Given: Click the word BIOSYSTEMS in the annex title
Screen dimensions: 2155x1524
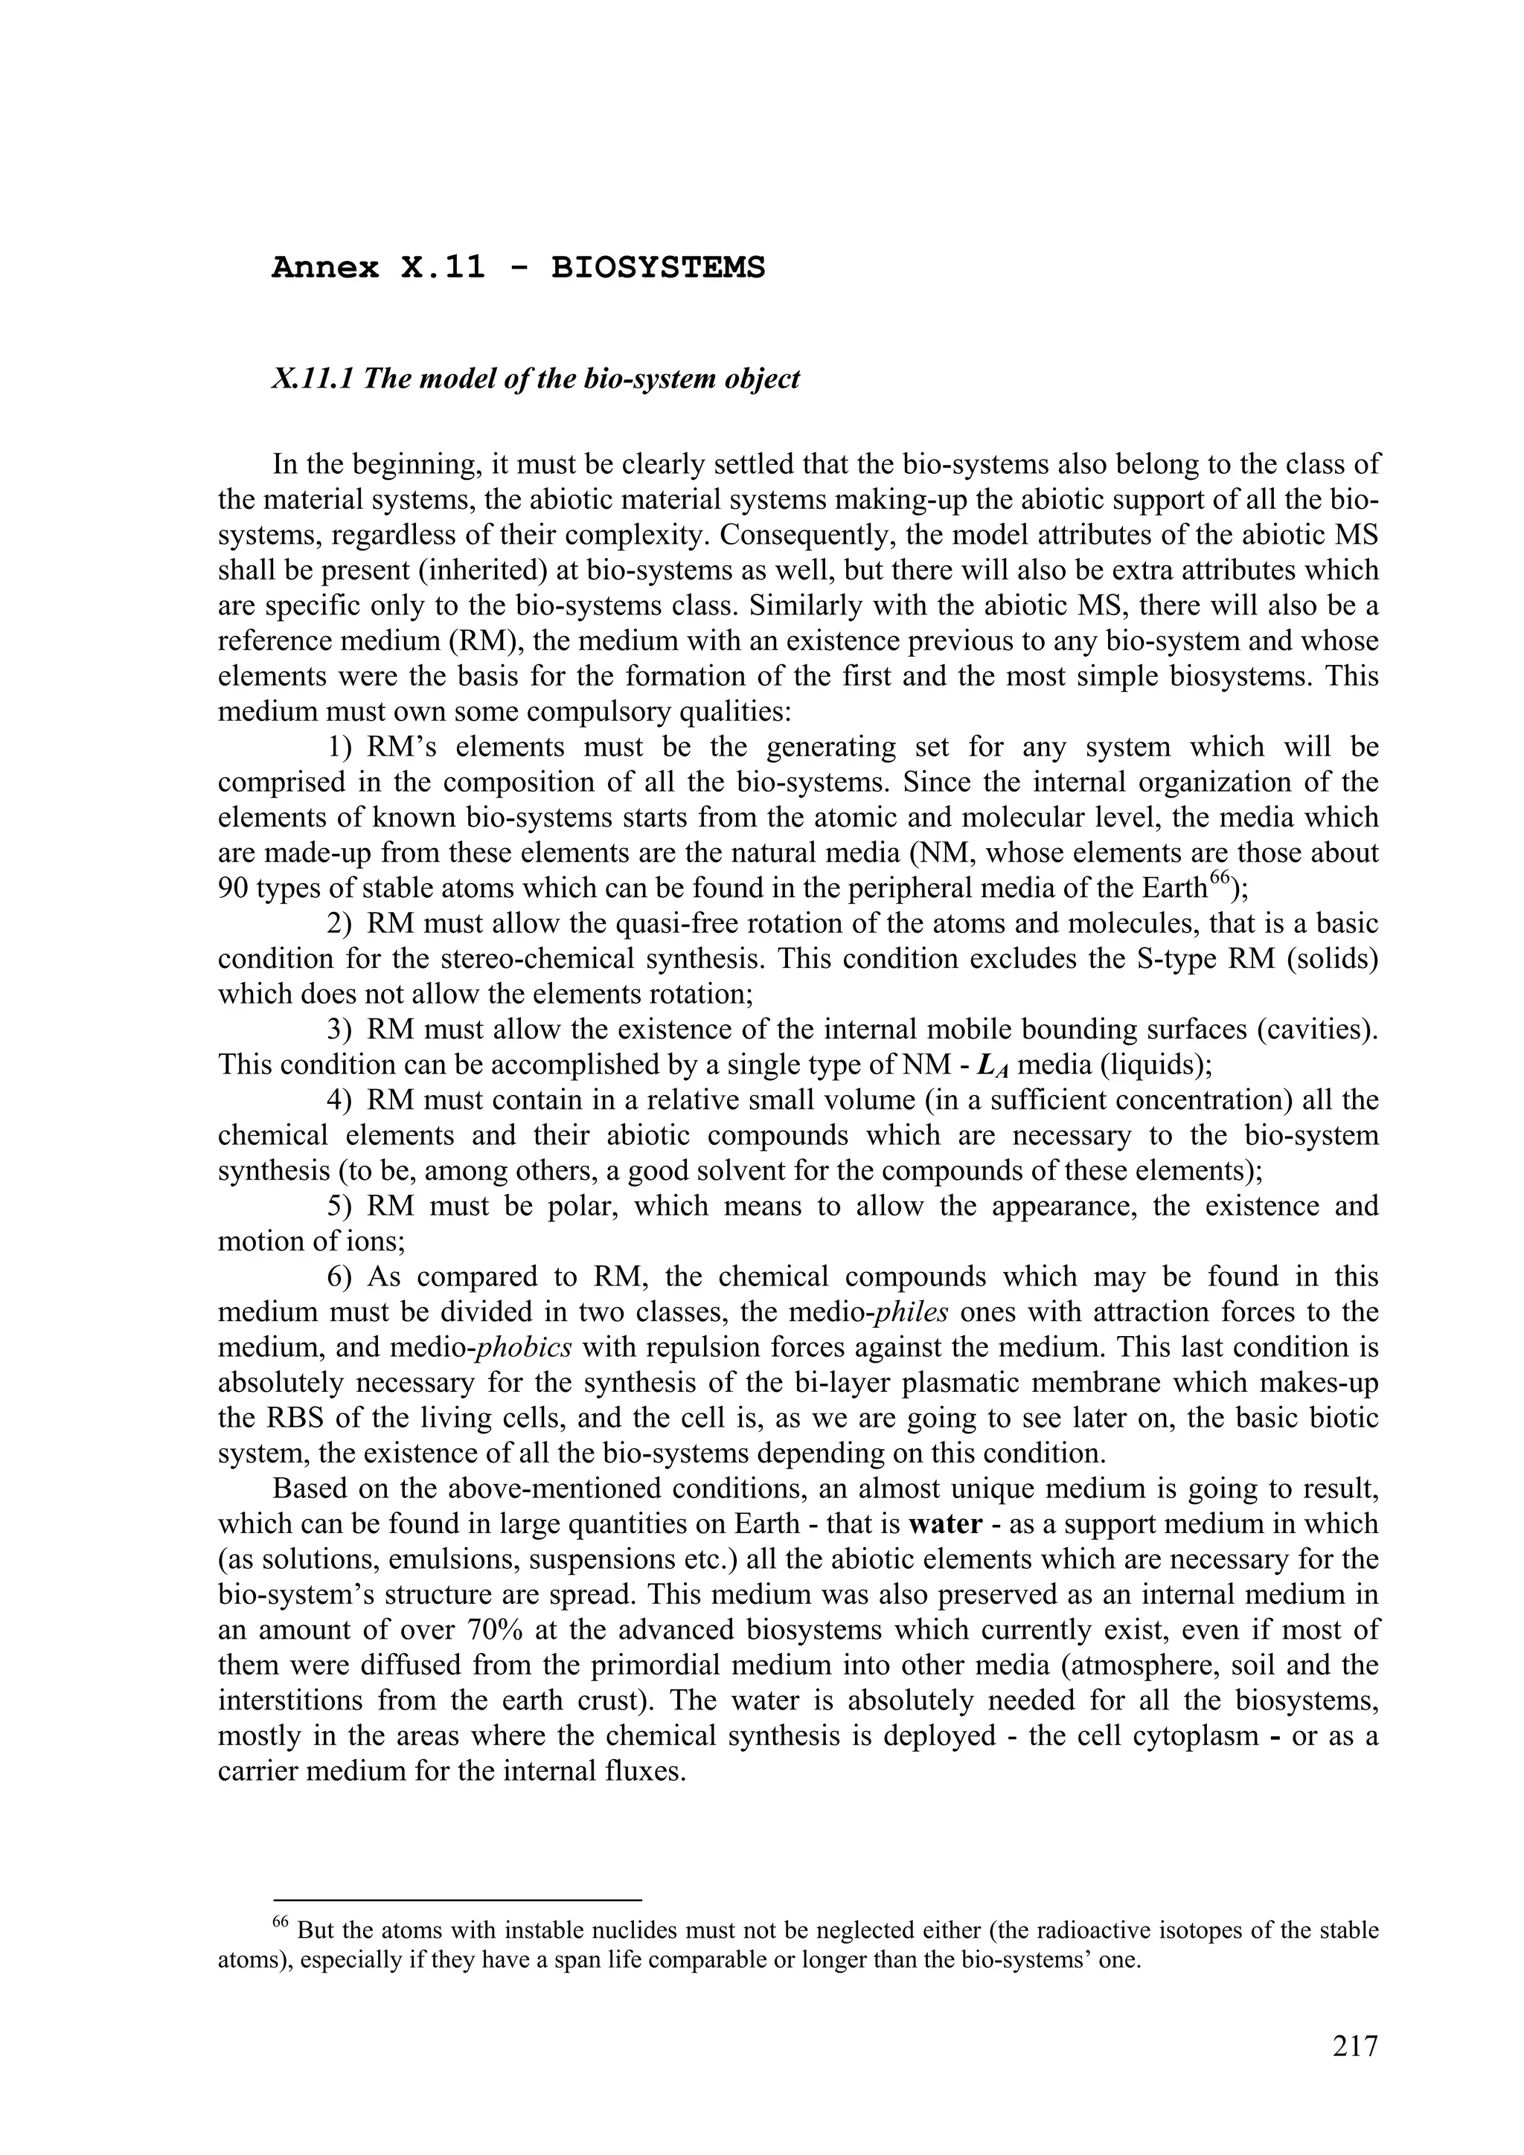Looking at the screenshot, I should click(x=657, y=269).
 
